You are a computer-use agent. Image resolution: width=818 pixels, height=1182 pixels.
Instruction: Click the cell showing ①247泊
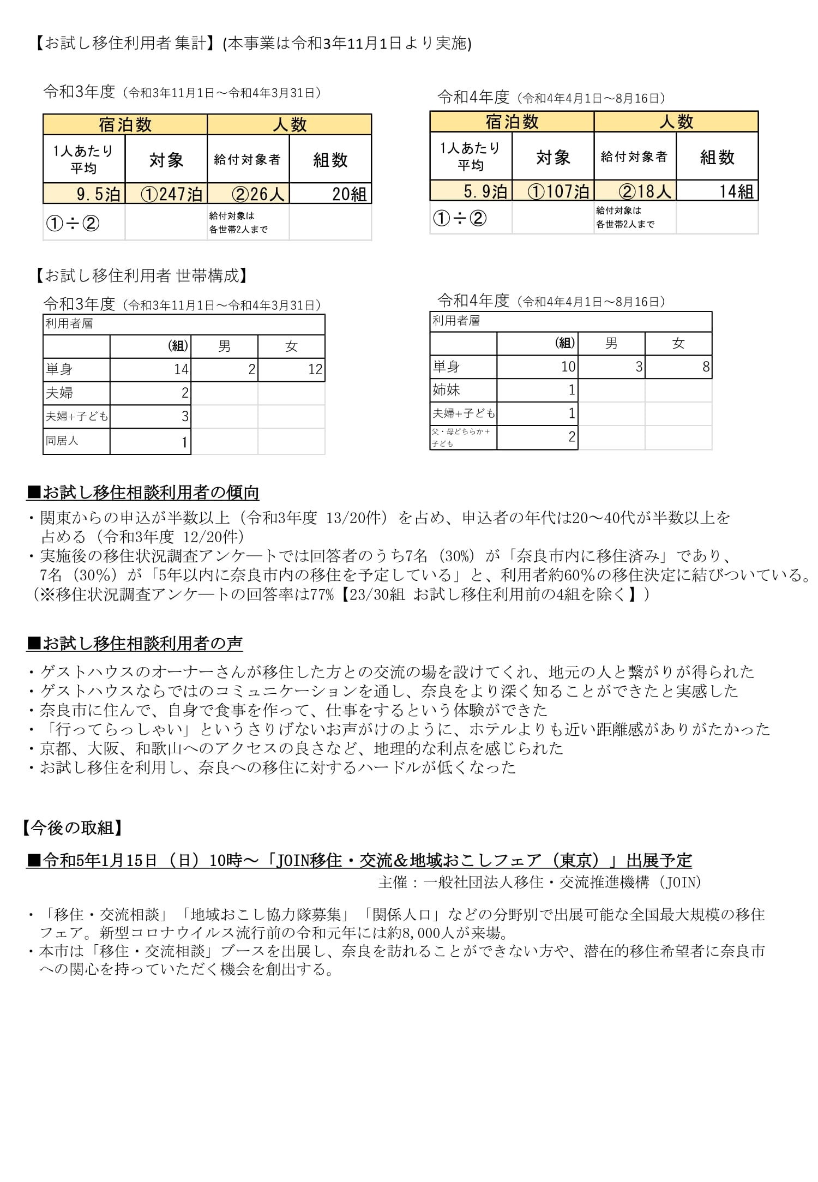pos(166,194)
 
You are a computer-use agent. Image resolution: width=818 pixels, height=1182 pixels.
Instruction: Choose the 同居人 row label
pos(62,441)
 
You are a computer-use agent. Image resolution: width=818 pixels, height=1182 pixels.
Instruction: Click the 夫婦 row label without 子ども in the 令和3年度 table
pos(59,393)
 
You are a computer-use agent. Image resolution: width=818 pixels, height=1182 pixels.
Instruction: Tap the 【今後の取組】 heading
pos(72,828)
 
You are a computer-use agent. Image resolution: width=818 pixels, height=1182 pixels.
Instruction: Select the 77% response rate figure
pos(322,594)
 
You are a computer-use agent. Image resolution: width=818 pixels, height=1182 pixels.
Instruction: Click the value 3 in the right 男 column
pos(639,367)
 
